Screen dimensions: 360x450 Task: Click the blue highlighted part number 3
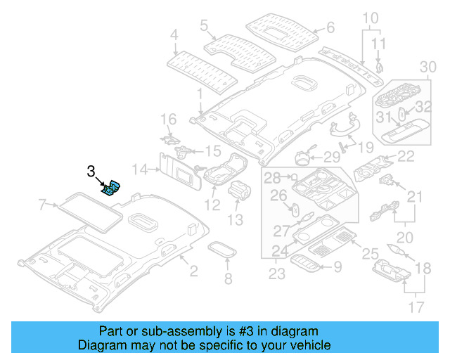click(x=112, y=189)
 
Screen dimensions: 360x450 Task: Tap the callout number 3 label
click(x=90, y=171)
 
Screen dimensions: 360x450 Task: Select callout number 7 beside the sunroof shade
click(x=43, y=205)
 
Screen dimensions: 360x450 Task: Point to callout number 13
click(x=234, y=220)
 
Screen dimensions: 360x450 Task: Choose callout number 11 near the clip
click(x=379, y=44)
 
